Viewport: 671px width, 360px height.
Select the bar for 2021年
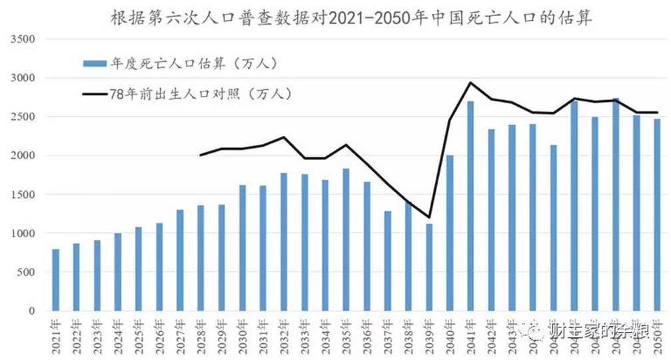pos(56,280)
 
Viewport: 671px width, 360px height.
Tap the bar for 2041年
pos(470,206)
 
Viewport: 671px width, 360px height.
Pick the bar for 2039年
pos(429,267)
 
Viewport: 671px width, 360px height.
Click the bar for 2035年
pos(346,240)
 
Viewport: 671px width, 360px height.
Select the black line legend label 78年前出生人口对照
pos(200,93)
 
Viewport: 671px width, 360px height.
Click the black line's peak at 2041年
pos(470,83)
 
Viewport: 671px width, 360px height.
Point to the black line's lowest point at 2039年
pos(429,217)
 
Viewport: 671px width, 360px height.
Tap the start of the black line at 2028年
pos(201,155)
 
